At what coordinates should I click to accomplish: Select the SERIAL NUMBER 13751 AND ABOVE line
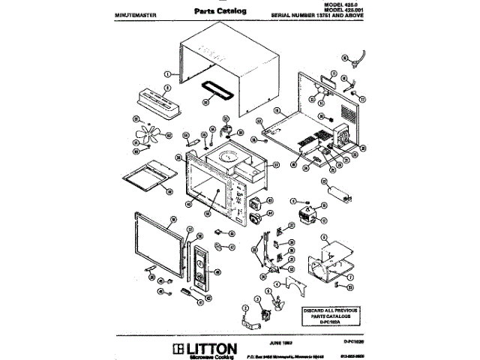click(326, 15)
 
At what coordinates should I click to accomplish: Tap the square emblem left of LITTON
click(177, 348)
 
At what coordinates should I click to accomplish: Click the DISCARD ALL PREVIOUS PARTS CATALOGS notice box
click(331, 315)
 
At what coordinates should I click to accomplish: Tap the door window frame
click(157, 244)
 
